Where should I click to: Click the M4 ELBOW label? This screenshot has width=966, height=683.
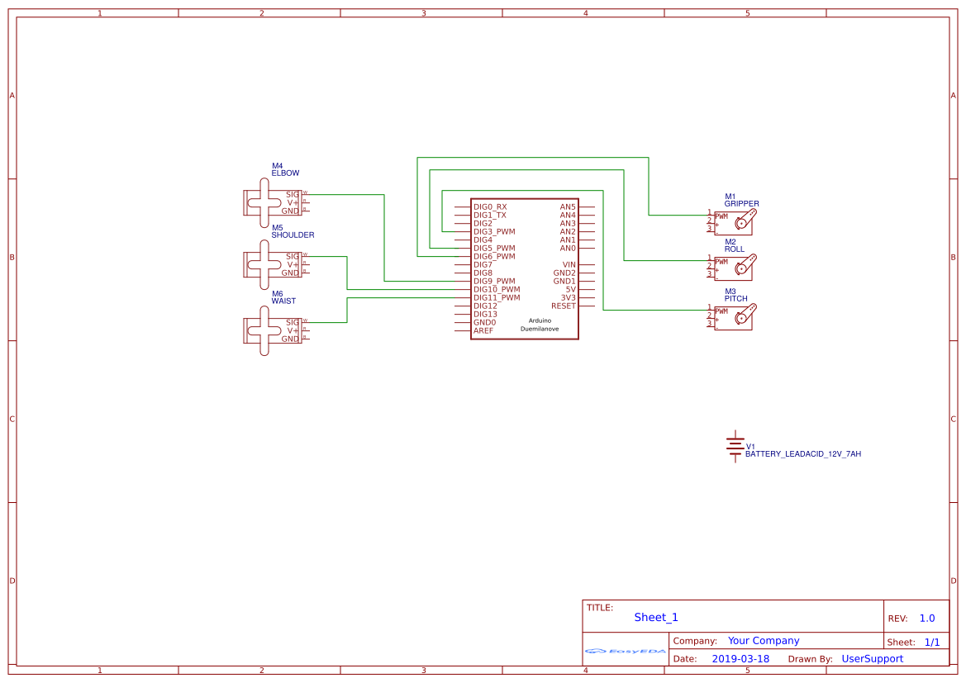(285, 170)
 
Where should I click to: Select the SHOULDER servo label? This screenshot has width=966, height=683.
(293, 235)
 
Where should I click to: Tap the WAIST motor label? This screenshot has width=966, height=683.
(283, 301)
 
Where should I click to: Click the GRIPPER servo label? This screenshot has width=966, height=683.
(741, 203)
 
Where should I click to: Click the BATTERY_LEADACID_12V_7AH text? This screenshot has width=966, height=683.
(802, 454)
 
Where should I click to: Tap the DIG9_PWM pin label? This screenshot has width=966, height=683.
(494, 282)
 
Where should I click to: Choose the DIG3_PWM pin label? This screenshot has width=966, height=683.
(494, 232)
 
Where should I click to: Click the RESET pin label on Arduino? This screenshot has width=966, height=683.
(563, 306)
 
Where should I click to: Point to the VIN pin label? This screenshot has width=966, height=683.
(569, 265)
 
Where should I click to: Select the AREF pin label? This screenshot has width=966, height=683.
(483, 331)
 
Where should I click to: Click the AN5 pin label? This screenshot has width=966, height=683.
(567, 207)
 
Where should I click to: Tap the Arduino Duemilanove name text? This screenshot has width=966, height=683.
(539, 325)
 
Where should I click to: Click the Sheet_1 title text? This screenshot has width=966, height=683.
(656, 617)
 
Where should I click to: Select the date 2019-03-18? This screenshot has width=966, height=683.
(740, 659)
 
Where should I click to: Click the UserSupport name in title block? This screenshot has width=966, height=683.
(872, 659)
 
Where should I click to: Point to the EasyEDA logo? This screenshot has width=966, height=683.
(625, 651)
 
